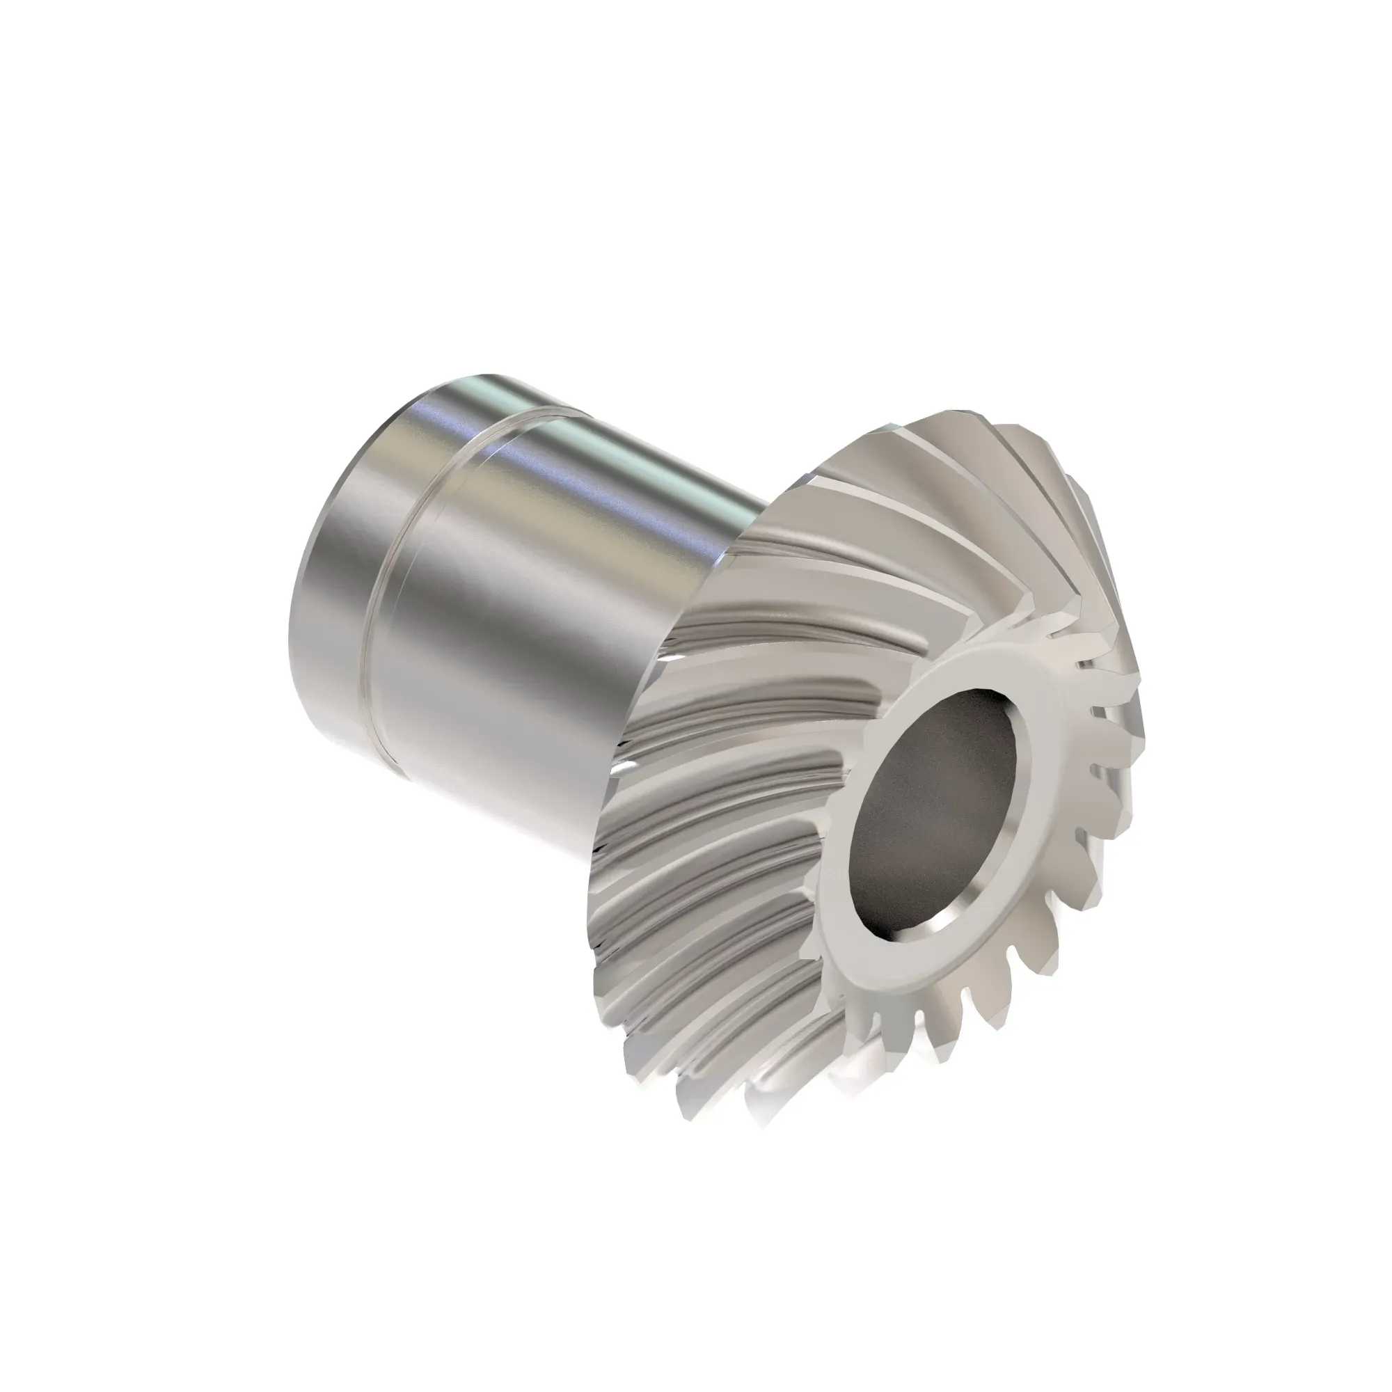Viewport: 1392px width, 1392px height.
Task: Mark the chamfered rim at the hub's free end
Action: point(306,606)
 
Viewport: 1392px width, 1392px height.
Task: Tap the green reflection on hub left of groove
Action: point(475,386)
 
